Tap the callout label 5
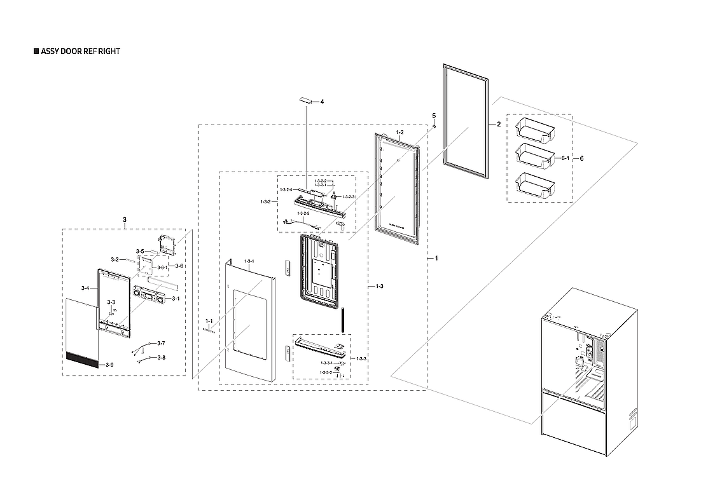pos(434,116)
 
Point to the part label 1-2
pos(400,133)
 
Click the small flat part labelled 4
pos(307,100)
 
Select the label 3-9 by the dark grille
pos(109,365)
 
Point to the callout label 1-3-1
pos(249,261)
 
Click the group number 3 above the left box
pos(124,220)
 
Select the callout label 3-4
pos(85,288)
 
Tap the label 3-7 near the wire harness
pos(161,343)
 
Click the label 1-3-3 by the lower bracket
pos(361,359)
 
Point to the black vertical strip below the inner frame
pos(343,320)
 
